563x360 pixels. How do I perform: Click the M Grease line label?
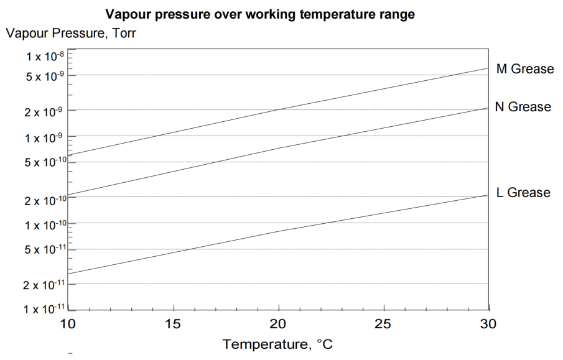[524, 69]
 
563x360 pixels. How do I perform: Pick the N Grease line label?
[523, 107]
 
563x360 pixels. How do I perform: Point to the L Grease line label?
[523, 192]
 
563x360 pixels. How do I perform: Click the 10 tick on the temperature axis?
[68, 325]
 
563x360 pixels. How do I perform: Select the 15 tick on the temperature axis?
[174, 325]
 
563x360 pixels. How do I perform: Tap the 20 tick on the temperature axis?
[279, 325]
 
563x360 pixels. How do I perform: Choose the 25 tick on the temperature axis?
[384, 325]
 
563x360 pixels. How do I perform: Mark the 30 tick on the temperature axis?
[489, 325]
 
